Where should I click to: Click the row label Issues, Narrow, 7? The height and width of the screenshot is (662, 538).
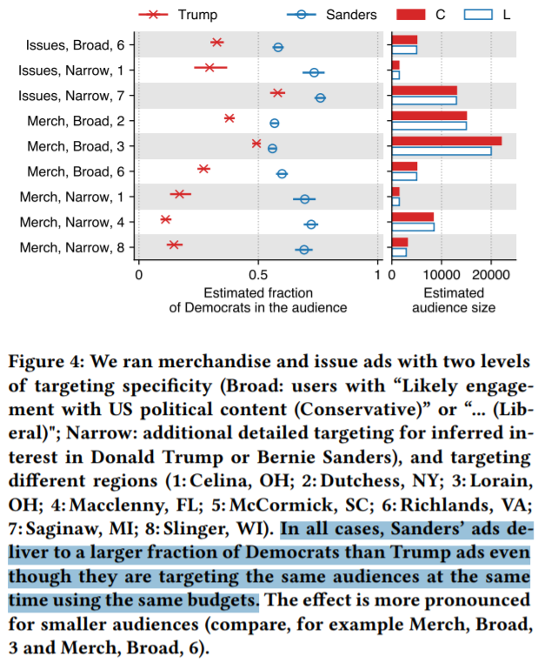click(x=76, y=94)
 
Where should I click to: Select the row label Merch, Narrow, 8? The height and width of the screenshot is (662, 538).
click(x=76, y=248)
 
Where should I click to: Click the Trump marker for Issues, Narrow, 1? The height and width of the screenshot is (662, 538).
click(x=209, y=67)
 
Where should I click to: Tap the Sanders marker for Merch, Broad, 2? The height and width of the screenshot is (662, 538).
click(x=275, y=123)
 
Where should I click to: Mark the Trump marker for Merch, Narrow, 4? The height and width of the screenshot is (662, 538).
click(x=165, y=220)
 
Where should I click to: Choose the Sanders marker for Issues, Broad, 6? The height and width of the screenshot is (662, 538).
click(x=278, y=47)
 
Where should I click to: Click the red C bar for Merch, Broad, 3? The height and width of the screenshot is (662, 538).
click(x=447, y=141)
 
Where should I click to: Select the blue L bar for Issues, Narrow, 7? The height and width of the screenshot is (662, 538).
click(x=424, y=100)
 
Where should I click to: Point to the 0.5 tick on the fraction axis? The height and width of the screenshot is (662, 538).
click(x=258, y=276)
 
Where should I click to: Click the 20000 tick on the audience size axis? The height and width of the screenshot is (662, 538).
click(x=491, y=276)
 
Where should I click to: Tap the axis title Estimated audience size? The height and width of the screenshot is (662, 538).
click(x=454, y=300)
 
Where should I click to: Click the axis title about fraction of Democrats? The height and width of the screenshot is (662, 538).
click(x=258, y=300)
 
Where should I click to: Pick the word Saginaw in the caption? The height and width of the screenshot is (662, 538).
click(x=63, y=528)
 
